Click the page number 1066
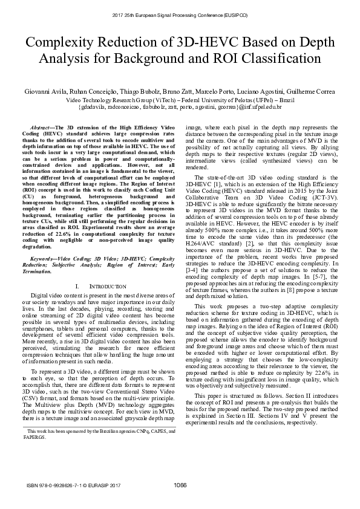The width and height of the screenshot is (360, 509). [180, 485]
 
